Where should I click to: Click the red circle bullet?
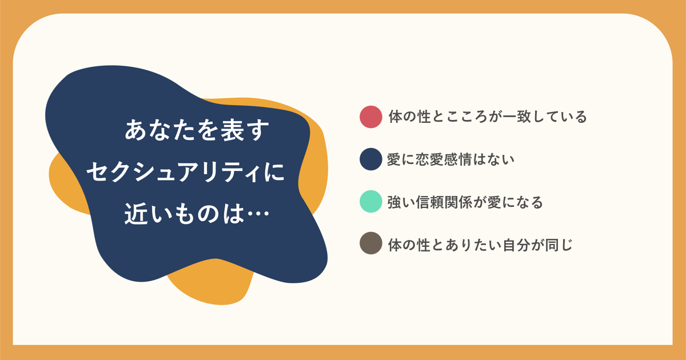point(370,117)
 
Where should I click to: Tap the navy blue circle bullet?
point(370,159)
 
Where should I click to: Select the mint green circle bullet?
point(370,201)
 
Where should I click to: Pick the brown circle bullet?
point(370,243)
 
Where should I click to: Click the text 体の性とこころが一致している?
point(488,117)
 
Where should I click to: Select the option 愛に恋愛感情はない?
point(450,159)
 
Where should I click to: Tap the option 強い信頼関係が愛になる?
point(465,202)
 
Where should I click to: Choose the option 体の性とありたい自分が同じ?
point(480,245)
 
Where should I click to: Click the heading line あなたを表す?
point(197,130)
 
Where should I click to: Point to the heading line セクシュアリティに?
point(186,172)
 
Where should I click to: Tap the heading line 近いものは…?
point(197,213)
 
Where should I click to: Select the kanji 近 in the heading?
point(136,213)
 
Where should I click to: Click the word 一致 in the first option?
point(517,117)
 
